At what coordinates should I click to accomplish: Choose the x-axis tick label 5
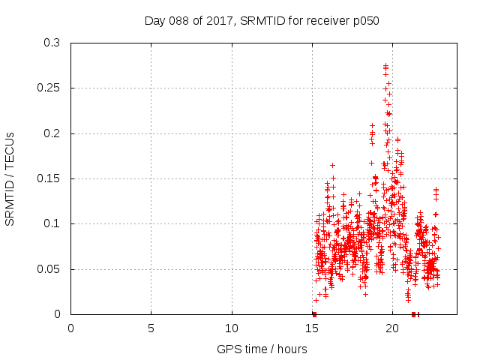pos(151,328)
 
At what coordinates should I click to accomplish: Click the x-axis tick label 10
pos(232,328)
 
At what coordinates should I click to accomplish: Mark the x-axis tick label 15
pos(312,328)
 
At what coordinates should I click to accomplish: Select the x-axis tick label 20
pos(392,328)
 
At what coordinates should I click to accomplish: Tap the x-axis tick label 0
pos(71,328)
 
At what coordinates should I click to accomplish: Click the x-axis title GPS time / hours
pos(262,349)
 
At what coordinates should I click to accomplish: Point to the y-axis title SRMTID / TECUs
pos(10,178)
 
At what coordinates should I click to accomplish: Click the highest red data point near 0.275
pos(385,65)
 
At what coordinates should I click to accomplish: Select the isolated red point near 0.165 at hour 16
pos(332,165)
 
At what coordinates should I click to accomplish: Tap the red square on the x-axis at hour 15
pos(314,314)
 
